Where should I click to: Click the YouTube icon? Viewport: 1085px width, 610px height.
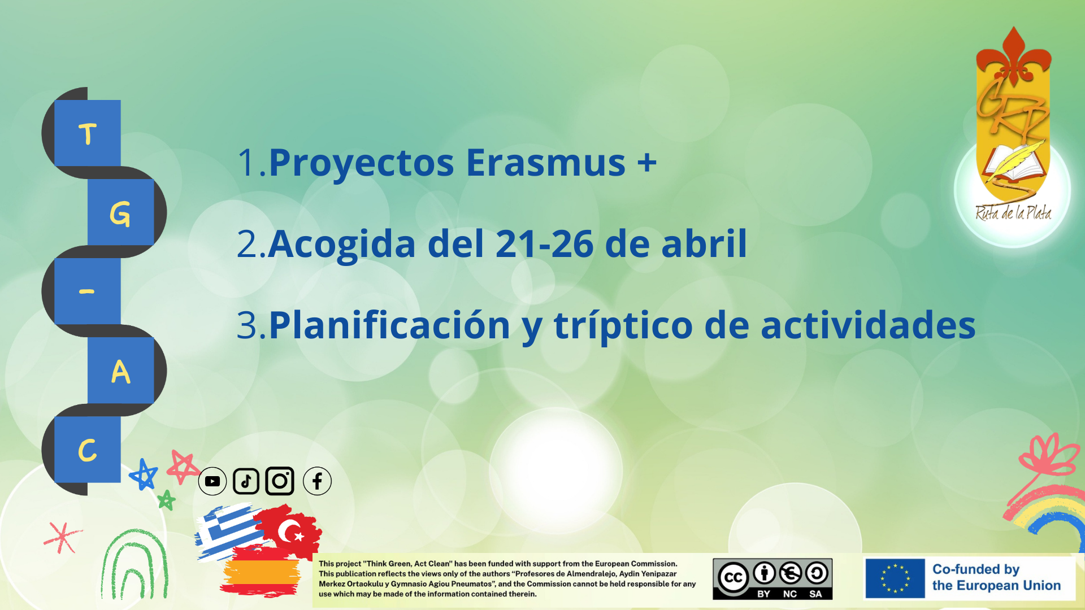point(212,481)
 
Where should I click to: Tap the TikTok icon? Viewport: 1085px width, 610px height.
point(246,481)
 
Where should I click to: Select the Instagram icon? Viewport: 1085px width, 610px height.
point(280,481)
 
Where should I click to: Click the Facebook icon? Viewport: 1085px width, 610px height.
point(317,481)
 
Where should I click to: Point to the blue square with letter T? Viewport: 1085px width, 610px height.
point(88,133)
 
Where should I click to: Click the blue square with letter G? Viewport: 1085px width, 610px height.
point(121,212)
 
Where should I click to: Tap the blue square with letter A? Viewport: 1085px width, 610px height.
point(121,371)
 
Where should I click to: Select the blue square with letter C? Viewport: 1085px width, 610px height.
point(88,450)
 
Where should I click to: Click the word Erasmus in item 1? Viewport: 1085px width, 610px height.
point(545,163)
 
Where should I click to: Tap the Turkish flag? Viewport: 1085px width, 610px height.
point(289,531)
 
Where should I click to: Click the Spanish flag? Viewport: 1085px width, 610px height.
point(260,572)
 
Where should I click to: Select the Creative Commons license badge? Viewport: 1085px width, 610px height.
point(772,579)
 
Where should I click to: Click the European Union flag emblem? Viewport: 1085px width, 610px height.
point(895,578)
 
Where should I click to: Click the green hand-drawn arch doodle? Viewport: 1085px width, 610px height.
point(134,565)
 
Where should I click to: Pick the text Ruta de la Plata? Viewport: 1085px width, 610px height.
point(1013,213)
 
